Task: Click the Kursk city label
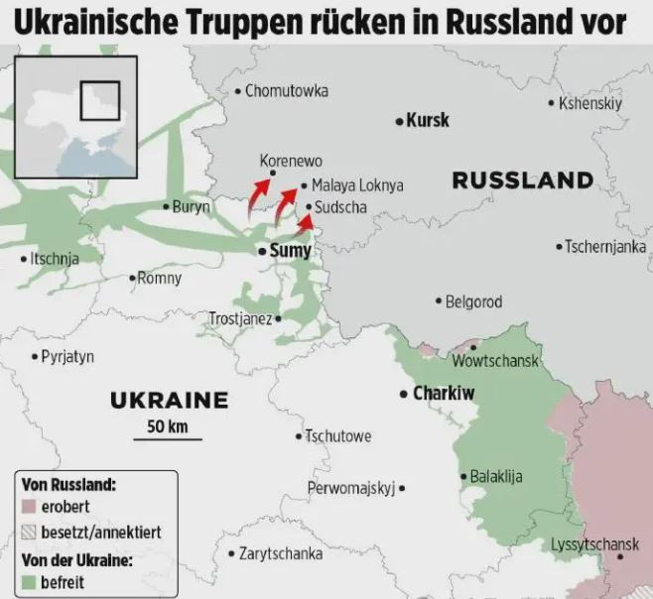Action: pos(428,120)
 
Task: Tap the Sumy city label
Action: pos(290,251)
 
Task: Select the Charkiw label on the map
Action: pos(444,394)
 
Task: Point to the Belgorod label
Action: pos(473,301)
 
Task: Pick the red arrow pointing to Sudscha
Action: pos(306,220)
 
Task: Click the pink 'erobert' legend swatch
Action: pos(27,508)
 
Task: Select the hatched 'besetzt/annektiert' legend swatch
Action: pos(27,533)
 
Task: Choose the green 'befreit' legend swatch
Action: pos(27,582)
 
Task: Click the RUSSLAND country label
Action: pos(522,180)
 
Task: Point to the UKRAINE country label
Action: pos(169,402)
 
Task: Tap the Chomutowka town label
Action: pos(286,91)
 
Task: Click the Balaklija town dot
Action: pos(462,476)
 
